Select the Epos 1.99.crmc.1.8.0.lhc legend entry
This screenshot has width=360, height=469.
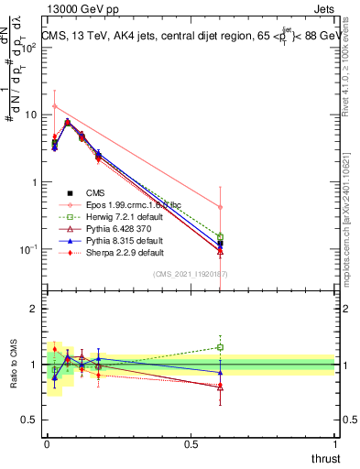[x=122, y=204]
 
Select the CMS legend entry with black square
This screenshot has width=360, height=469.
[x=96, y=192]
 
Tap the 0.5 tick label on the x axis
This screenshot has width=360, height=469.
[x=191, y=444]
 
